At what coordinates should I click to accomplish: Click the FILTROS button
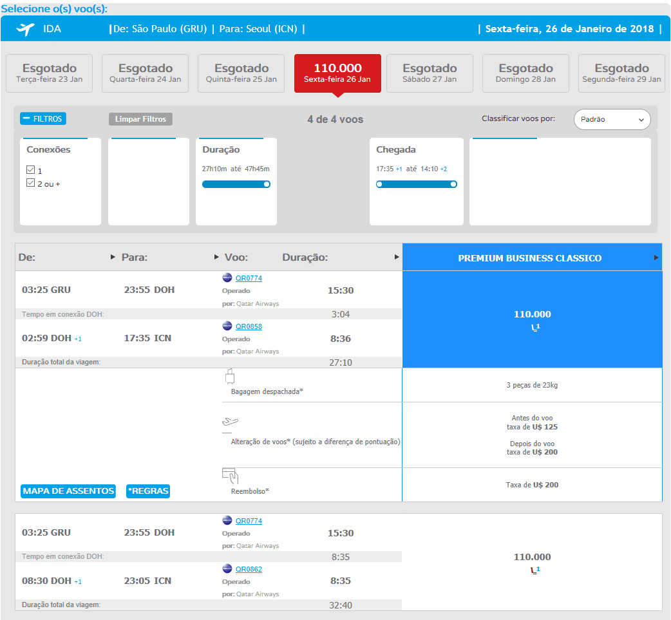coord(43,118)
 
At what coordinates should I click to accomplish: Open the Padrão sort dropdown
coord(612,119)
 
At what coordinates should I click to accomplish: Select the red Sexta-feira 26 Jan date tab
coord(337,73)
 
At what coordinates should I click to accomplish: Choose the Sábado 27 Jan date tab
coord(430,73)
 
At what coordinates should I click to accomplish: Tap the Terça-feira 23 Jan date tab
coord(49,73)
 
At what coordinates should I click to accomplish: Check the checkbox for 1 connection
coord(30,170)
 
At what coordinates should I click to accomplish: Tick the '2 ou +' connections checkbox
coord(30,183)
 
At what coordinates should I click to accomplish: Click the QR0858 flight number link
coord(249,326)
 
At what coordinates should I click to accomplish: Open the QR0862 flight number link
coord(249,569)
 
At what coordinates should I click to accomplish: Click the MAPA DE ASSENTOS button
coord(68,491)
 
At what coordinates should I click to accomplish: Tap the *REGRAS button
coord(148,491)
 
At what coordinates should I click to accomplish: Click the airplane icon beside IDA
coord(25,29)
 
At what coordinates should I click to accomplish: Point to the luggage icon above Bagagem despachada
coord(230,377)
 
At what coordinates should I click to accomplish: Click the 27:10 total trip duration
coord(341,362)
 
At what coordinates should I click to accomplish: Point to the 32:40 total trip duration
coord(341,605)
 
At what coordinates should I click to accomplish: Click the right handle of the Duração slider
coord(267,184)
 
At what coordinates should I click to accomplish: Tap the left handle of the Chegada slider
coord(379,184)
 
